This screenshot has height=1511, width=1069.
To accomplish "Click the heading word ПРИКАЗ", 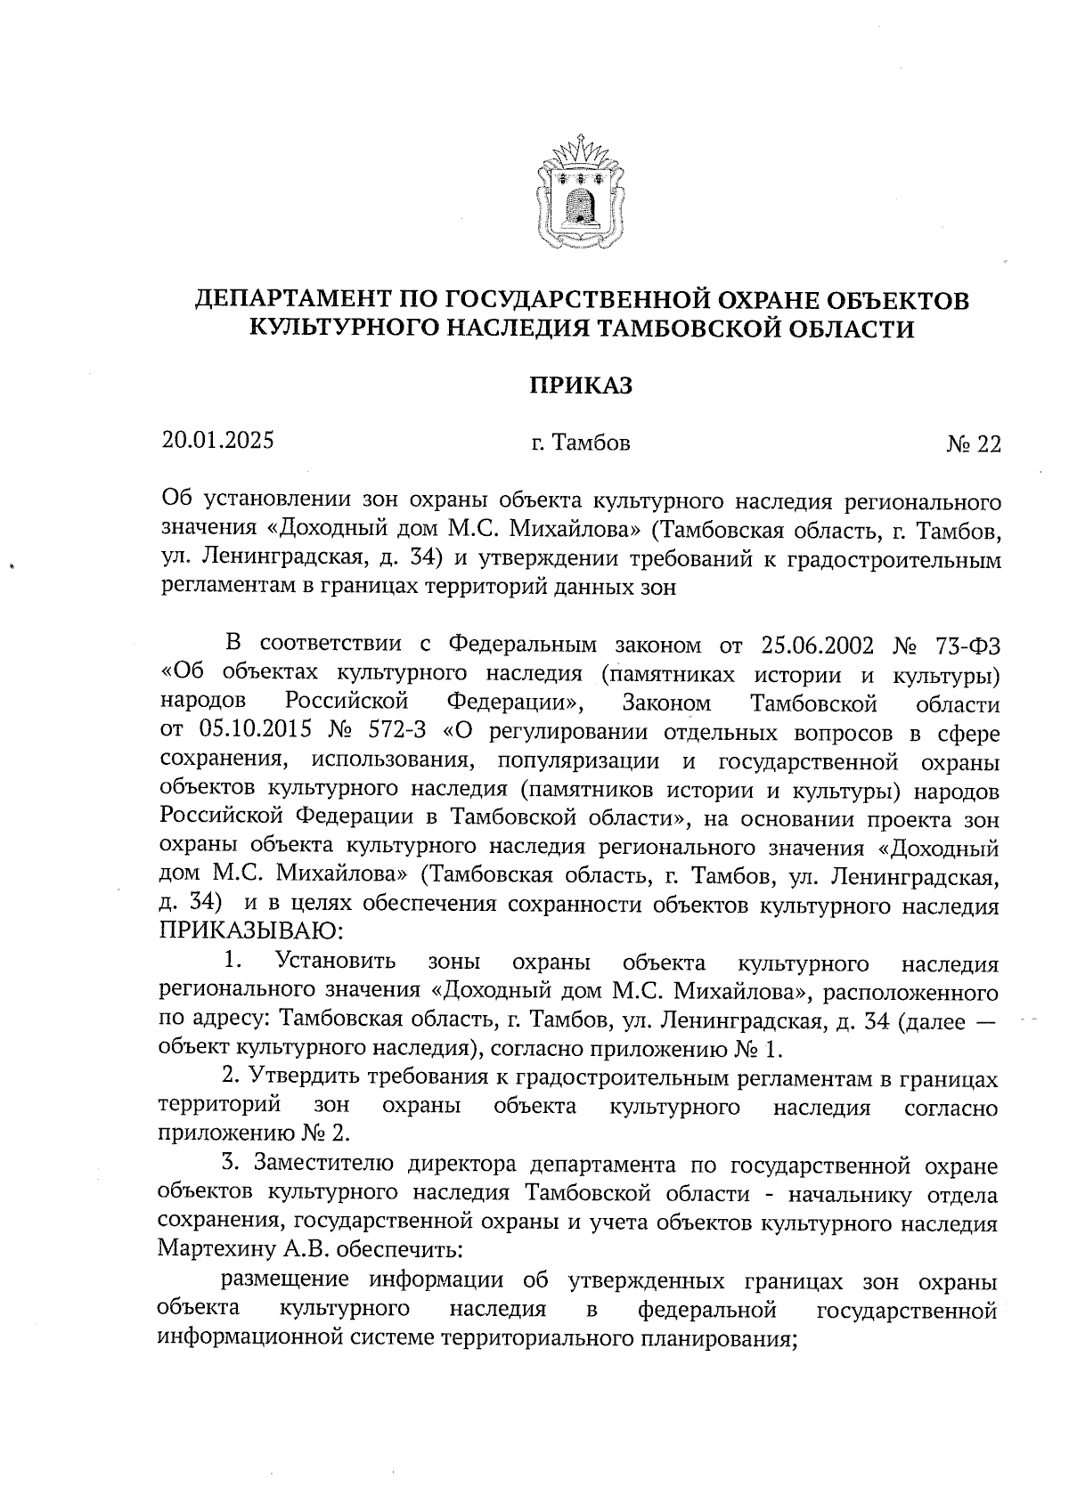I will click(581, 386).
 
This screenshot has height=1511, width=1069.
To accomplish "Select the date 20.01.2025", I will click(217, 440).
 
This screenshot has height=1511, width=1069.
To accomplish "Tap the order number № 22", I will click(973, 443).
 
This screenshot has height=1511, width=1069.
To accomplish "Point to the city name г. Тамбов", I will click(581, 443).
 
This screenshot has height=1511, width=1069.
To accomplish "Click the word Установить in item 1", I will click(336, 963).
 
